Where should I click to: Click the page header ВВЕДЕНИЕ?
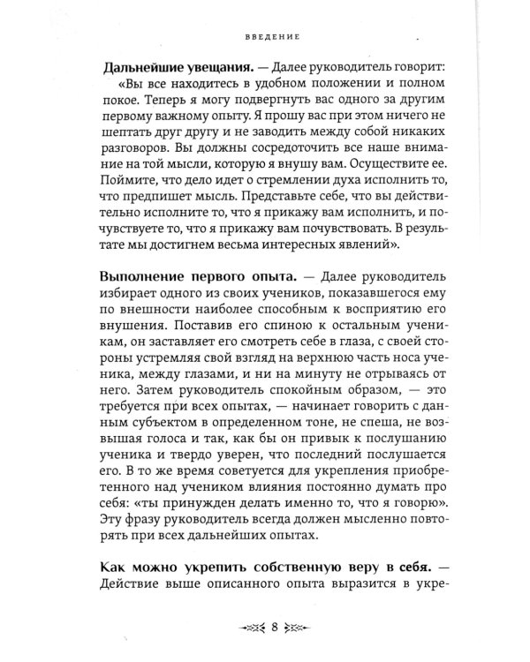coord(274,38)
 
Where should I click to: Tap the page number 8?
coord(276,628)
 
